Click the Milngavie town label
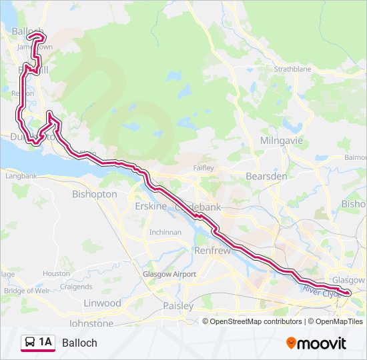[281, 141]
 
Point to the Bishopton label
[94, 194]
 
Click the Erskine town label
[150, 206]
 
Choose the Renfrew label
[212, 251]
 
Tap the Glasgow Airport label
[169, 274]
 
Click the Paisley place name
[178, 306]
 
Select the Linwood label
[102, 303]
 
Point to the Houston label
[56, 273]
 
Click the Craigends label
[75, 287]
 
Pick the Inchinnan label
[165, 232]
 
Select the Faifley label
[203, 167]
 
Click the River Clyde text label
[321, 291]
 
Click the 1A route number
[45, 343]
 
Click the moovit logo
[316, 343]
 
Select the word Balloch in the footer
[79, 343]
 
